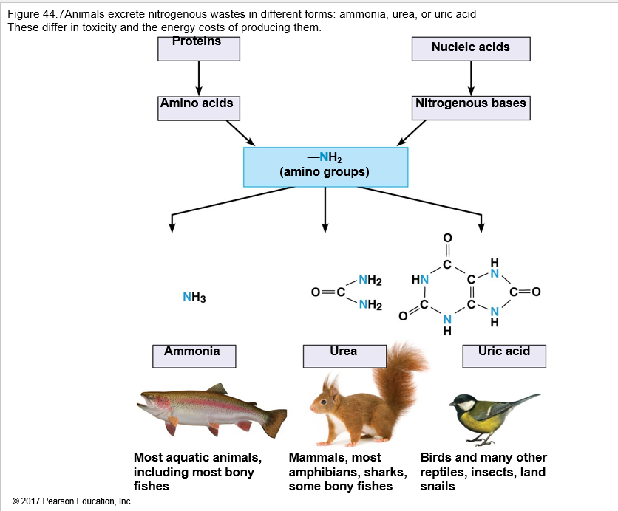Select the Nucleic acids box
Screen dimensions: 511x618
click(x=471, y=47)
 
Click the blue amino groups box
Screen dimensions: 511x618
click(x=325, y=167)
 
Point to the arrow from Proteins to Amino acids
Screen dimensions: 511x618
click(x=199, y=78)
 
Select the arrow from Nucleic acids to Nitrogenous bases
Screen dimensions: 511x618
click(x=471, y=78)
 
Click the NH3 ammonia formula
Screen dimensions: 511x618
click(x=194, y=297)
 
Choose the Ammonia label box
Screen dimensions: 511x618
click(x=193, y=355)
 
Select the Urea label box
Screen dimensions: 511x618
click(x=344, y=355)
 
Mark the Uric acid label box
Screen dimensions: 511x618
click(x=504, y=355)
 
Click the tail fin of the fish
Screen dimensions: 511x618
click(x=276, y=422)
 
